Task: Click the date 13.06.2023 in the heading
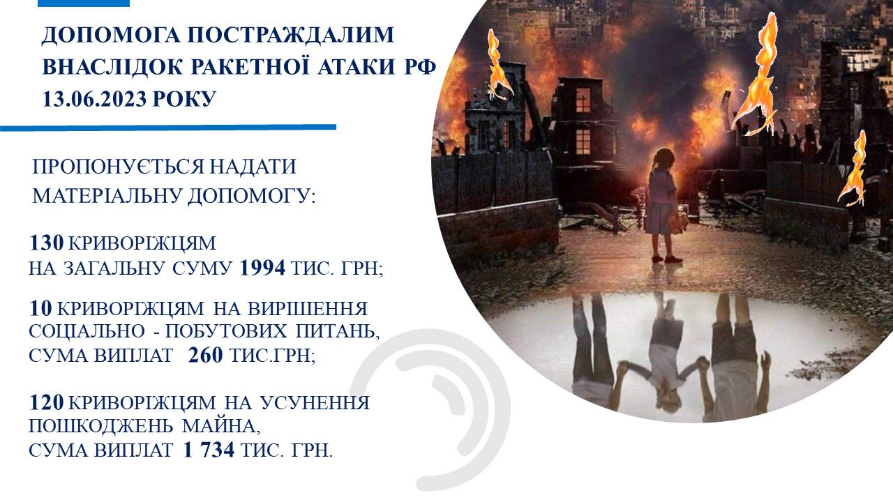(95, 98)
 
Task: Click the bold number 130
(46, 243)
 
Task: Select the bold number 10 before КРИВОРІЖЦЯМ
(40, 308)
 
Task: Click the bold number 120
(46, 402)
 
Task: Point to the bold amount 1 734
(209, 450)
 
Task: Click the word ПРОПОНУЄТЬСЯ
(119, 166)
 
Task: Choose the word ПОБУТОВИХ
(225, 331)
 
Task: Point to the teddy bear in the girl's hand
(680, 221)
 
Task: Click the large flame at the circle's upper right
(756, 76)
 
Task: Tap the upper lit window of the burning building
(583, 100)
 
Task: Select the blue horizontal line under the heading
(168, 128)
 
